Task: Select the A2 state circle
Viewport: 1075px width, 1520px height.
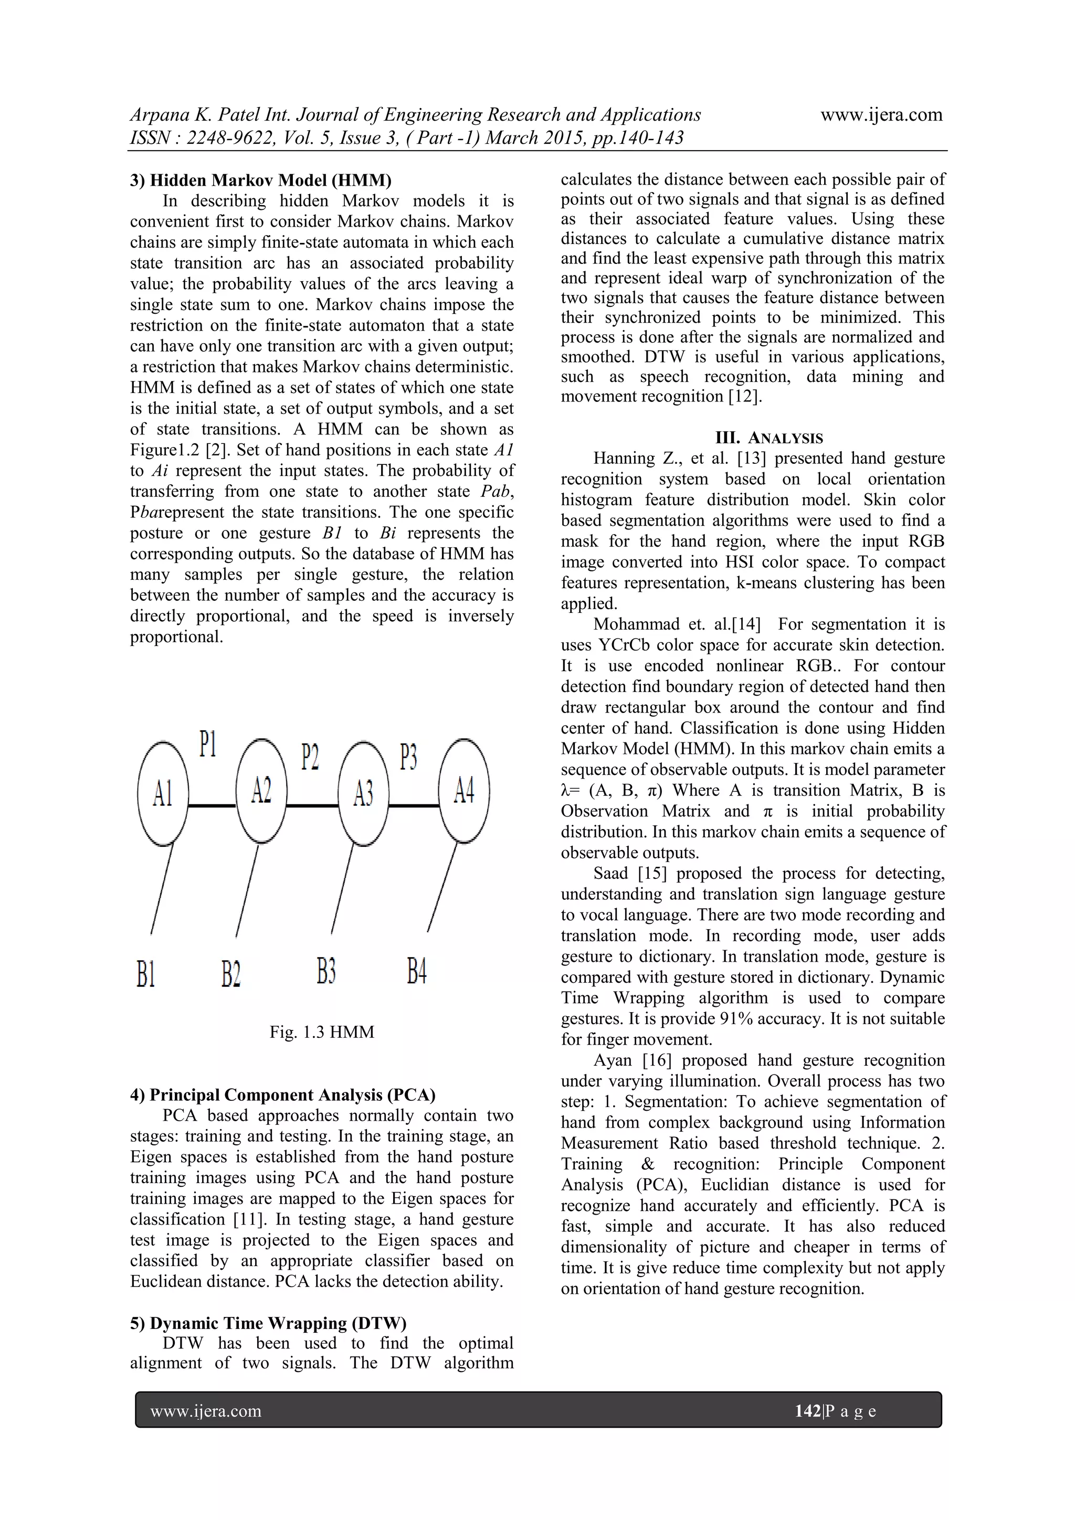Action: [x=261, y=791]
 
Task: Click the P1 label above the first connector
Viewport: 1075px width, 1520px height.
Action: [x=208, y=745]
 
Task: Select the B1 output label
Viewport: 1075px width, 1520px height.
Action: [x=146, y=974]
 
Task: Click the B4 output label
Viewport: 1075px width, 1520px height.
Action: [x=417, y=971]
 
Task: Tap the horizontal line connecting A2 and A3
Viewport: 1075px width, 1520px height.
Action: [x=313, y=806]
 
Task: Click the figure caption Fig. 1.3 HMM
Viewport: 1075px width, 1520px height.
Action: [x=321, y=1032]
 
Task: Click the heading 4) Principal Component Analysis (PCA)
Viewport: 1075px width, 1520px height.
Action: [x=282, y=1094]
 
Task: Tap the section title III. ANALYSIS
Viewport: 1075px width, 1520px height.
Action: [x=768, y=438]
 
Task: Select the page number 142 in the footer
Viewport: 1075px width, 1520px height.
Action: [x=807, y=1411]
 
